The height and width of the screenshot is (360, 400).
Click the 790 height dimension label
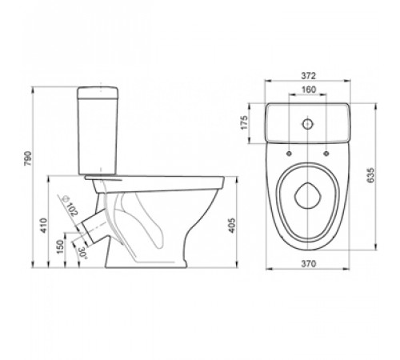click(x=28, y=158)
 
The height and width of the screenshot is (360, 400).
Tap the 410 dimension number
click(x=44, y=226)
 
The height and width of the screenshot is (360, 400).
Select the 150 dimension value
click(x=61, y=247)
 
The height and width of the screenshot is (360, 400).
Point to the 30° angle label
click(x=82, y=253)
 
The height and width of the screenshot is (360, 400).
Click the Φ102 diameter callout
click(x=70, y=206)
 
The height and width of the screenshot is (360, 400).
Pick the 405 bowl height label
click(x=232, y=226)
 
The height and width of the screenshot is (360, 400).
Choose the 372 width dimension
click(x=309, y=76)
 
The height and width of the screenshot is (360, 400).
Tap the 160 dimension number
click(x=309, y=90)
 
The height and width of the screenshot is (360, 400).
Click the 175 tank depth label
click(x=244, y=122)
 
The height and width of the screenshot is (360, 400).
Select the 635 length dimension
click(x=370, y=175)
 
